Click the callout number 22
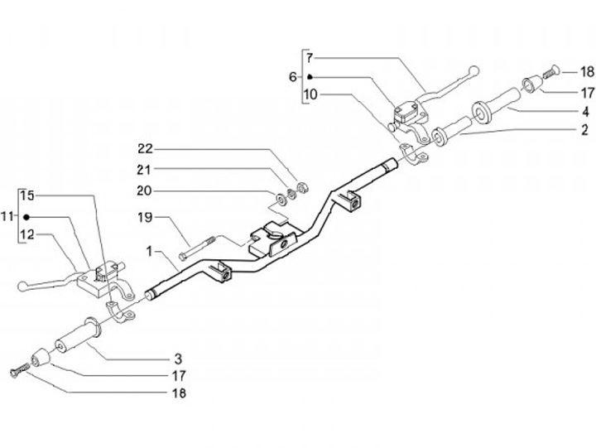tap(146, 149)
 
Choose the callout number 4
tap(584, 110)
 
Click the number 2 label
tap(584, 130)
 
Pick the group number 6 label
tap(292, 77)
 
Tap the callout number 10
tap(310, 94)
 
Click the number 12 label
tap(27, 235)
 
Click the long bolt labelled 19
tap(197, 246)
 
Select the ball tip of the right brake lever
tap(473, 69)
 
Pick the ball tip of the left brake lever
tap(22, 286)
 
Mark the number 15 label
tap(27, 196)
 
